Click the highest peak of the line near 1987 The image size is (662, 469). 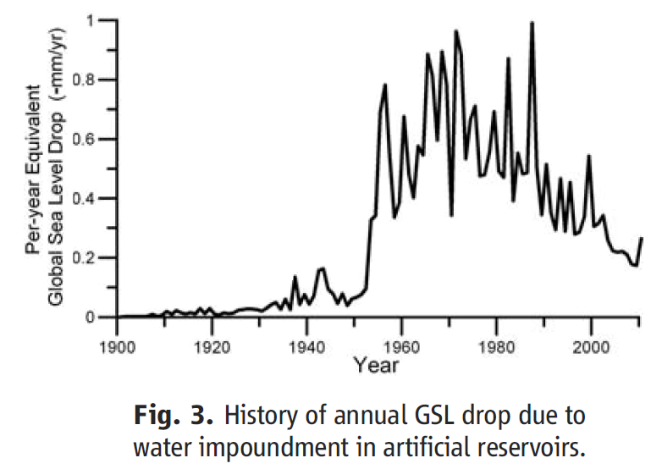click(532, 23)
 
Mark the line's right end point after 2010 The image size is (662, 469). click(641, 239)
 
